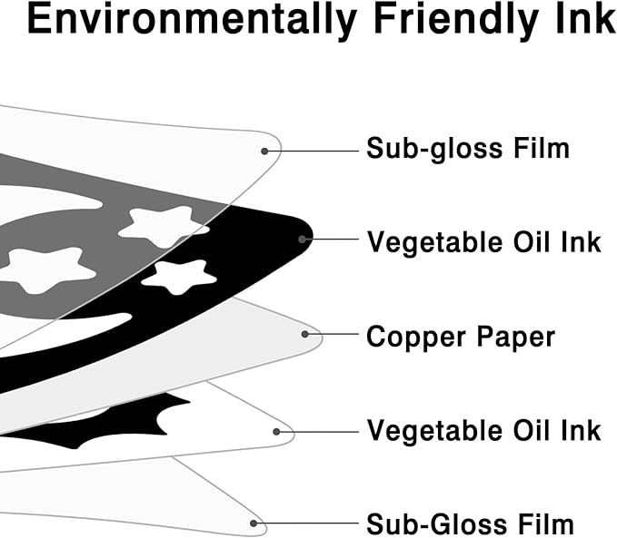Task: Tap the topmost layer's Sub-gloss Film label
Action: click(x=467, y=148)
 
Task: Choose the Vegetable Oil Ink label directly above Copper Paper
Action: click(x=483, y=242)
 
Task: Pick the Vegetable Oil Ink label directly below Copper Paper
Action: click(x=483, y=430)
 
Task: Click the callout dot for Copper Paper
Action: click(x=305, y=335)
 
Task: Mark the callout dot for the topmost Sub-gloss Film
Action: click(x=265, y=150)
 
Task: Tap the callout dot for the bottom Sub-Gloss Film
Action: click(x=255, y=523)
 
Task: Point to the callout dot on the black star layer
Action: click(x=303, y=240)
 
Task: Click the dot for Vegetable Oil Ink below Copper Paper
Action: click(x=276, y=432)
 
